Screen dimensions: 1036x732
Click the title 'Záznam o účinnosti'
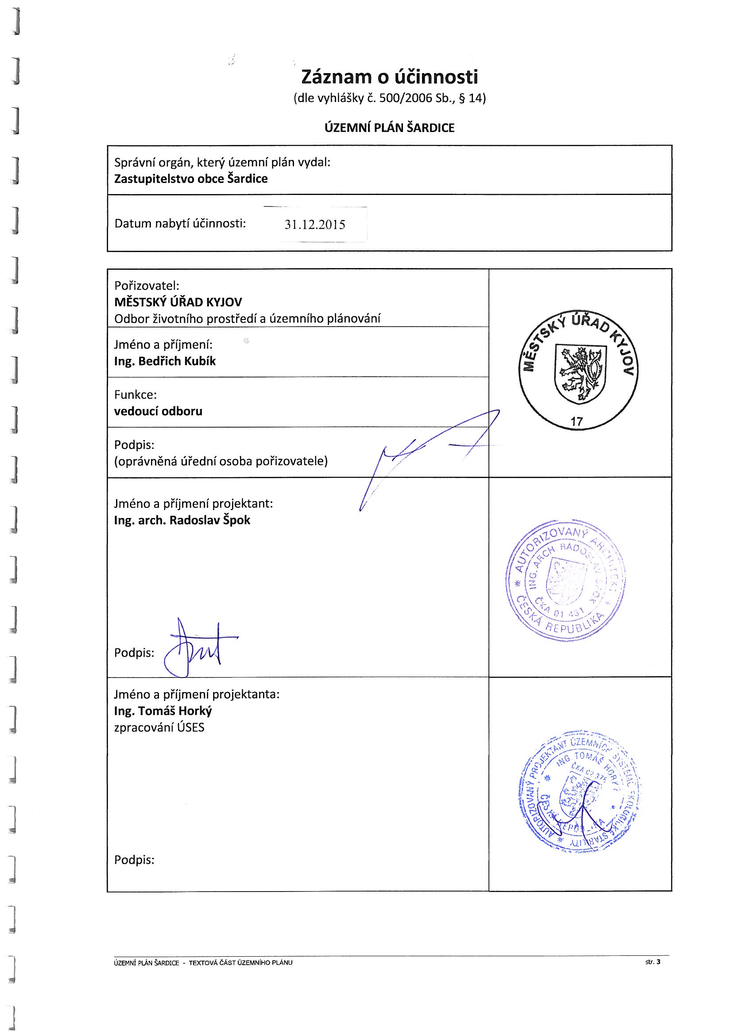389,77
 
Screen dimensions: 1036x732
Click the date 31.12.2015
315,225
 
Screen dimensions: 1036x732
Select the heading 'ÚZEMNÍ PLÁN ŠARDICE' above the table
389,128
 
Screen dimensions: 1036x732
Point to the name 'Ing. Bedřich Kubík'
165,362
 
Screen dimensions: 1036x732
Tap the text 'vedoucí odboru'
158,412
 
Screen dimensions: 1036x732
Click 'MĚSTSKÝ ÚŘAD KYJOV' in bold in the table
178,302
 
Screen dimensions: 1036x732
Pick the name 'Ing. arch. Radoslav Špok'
182,520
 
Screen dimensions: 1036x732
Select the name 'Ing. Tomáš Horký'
163,711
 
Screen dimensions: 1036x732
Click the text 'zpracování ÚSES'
159,727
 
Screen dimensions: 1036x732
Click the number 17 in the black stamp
577,422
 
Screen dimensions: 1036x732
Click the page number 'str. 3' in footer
653,962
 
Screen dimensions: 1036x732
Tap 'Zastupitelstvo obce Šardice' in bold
191,179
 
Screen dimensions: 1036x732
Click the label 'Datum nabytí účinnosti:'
180,224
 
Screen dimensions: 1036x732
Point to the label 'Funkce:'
136,395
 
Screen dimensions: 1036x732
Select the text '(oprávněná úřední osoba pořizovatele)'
221,462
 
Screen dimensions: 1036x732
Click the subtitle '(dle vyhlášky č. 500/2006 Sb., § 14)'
389,98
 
